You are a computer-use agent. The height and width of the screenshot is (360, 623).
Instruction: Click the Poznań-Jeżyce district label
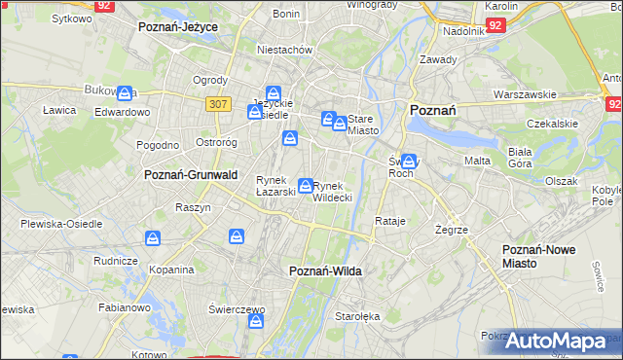177,27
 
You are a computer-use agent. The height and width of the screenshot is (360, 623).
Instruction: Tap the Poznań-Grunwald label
185,175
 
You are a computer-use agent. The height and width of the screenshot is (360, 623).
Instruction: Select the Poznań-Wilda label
326,270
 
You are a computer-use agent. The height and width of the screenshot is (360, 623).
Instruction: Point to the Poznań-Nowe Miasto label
538,257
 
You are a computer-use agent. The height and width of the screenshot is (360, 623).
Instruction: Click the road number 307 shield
217,102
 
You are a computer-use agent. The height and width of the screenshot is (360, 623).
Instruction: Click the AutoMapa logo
565,342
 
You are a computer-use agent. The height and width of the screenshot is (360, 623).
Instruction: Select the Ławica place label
58,110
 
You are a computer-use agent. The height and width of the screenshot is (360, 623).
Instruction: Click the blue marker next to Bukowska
125,93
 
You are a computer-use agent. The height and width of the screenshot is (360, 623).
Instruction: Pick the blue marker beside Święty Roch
409,162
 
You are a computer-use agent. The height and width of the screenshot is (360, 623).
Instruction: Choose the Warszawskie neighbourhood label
524,94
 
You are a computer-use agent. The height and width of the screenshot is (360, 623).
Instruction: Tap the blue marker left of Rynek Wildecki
306,185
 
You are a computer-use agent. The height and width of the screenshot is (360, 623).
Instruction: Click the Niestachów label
283,49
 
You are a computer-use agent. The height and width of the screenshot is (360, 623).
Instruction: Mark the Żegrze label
453,230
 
